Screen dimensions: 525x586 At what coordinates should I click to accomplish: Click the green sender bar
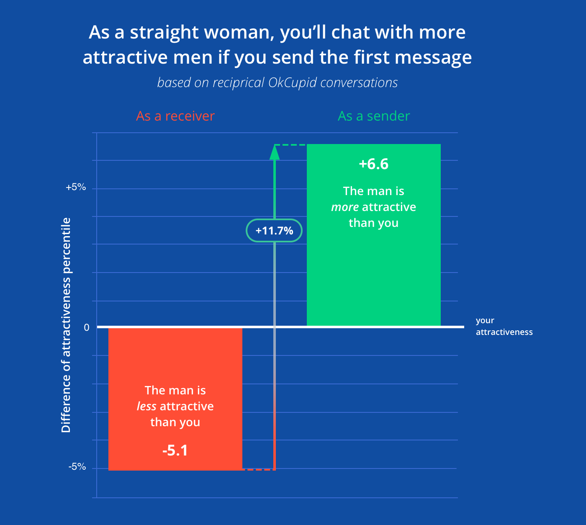coord(373,272)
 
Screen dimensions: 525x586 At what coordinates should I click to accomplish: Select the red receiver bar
coord(175,360)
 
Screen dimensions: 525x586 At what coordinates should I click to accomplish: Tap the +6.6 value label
coord(373,164)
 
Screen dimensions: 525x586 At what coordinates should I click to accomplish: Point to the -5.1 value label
coord(175,450)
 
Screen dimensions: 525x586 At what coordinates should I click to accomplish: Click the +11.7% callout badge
coord(274,231)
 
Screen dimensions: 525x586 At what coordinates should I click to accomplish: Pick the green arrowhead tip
coord(275,147)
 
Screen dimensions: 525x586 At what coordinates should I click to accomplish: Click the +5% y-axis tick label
coord(76,187)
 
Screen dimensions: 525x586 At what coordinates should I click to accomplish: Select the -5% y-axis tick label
coord(77,467)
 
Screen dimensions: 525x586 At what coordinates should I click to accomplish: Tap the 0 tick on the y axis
coord(87,327)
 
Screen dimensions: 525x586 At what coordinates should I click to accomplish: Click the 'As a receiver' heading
coord(175,116)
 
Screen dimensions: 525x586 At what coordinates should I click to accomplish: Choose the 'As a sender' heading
coord(373,116)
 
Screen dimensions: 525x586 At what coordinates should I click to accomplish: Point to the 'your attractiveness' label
coord(504,326)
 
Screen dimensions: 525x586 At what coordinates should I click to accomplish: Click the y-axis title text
coord(66,325)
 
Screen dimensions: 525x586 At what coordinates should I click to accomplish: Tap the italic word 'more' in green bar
coord(345,207)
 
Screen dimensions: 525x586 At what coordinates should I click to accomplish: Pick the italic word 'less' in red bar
coord(146,407)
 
